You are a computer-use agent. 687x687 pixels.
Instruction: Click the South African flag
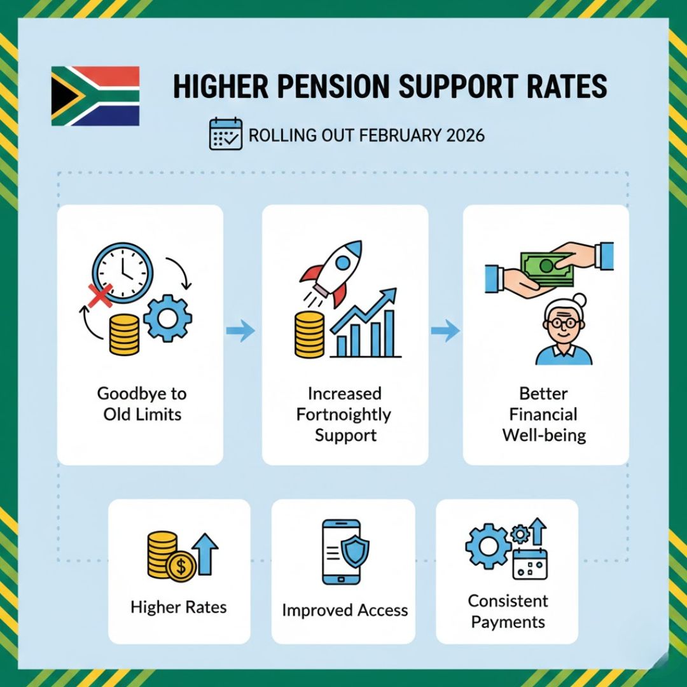(x=95, y=95)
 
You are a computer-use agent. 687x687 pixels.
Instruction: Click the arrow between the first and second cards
(x=241, y=331)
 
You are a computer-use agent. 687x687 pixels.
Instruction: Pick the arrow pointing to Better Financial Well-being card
(x=445, y=330)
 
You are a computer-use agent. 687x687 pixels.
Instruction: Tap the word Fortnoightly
(x=344, y=415)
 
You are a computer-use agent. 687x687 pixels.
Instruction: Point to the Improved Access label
(x=345, y=611)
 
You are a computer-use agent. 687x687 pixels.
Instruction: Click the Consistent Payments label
(x=508, y=611)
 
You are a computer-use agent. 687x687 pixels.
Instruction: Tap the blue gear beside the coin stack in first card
(x=167, y=319)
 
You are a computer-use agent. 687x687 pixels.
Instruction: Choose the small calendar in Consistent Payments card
(x=530, y=564)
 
